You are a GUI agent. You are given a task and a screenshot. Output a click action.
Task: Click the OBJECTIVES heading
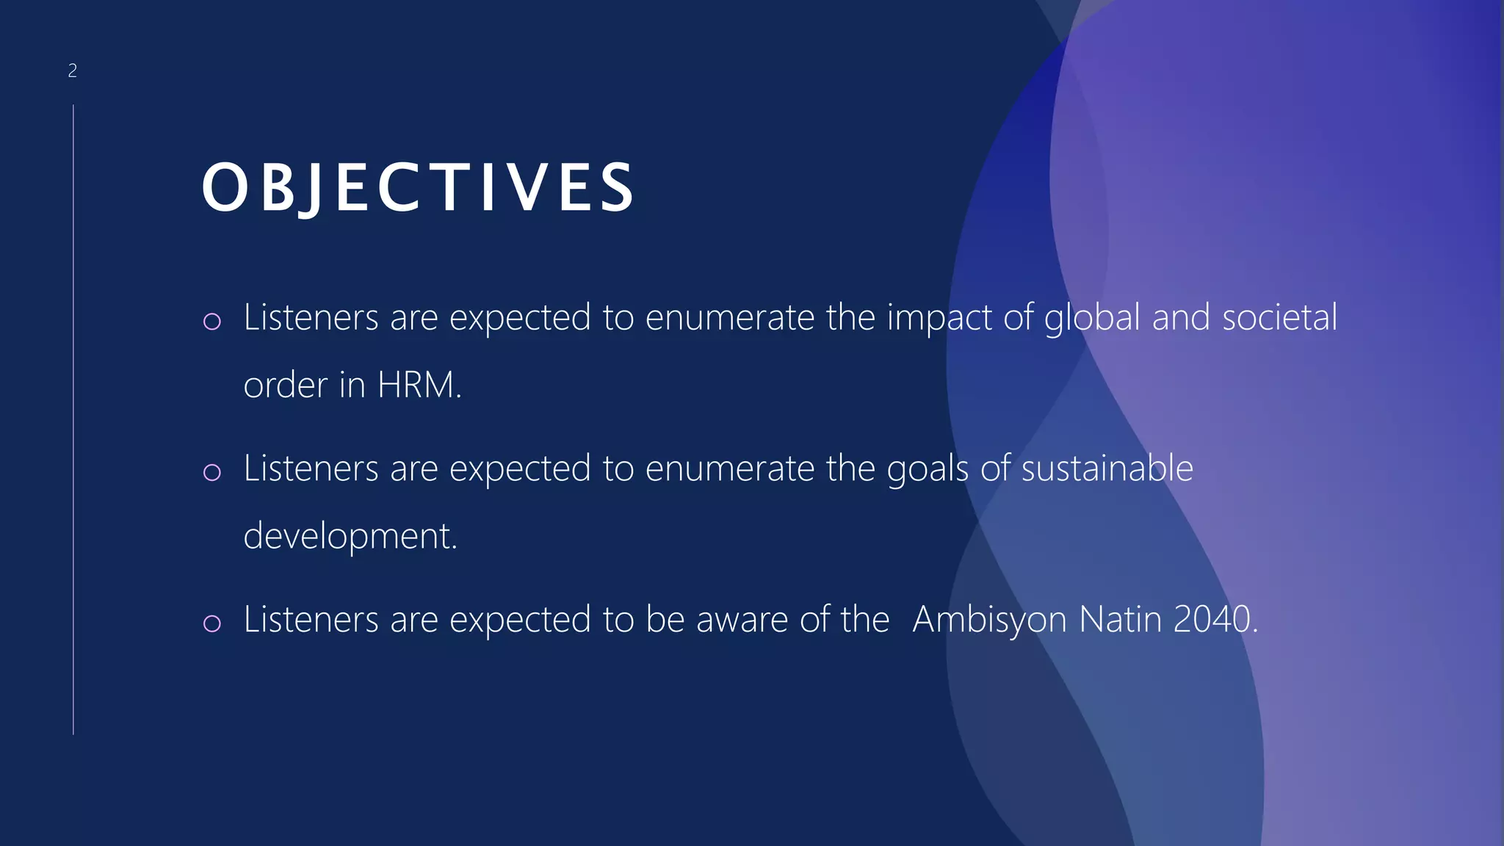[419, 188]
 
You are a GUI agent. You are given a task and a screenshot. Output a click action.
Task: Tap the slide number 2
[72, 70]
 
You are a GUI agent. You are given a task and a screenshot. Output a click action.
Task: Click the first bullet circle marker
[212, 321]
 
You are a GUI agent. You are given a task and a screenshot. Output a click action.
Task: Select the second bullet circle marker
[212, 471]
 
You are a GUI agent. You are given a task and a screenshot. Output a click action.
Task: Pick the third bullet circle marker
[212, 623]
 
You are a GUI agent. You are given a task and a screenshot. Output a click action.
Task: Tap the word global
[1091, 319]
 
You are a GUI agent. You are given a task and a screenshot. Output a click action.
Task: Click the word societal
[1279, 317]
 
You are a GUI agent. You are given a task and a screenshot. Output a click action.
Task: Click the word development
[350, 536]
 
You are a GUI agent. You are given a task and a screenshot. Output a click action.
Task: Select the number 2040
[1215, 619]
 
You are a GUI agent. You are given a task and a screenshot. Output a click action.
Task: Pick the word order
[285, 385]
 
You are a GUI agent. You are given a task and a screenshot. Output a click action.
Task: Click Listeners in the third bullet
[311, 619]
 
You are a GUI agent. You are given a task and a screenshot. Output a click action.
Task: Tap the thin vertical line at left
[73, 419]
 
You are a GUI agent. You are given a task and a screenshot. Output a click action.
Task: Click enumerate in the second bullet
[729, 469]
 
